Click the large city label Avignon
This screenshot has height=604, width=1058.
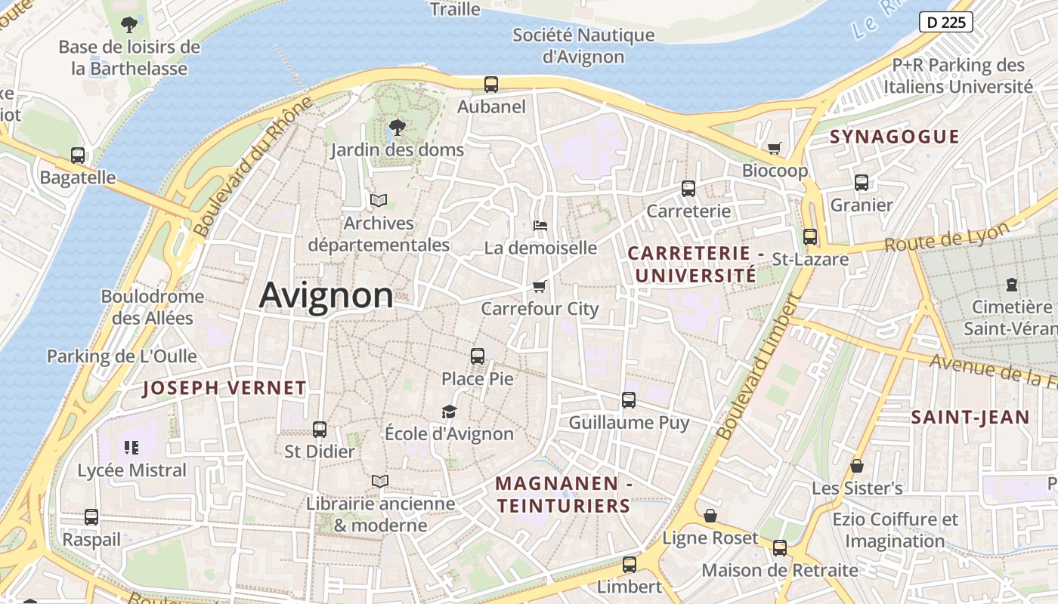pyautogui.click(x=326, y=295)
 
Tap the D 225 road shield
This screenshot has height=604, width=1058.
pyautogui.click(x=945, y=22)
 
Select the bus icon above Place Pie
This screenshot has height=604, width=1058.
pyautogui.click(x=477, y=356)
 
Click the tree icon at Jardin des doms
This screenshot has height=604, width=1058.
pyautogui.click(x=396, y=128)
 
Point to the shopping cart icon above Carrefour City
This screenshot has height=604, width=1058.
pyautogui.click(x=539, y=286)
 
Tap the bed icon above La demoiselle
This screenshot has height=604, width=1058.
pyautogui.click(x=540, y=225)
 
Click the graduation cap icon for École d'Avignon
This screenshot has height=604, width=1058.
pyautogui.click(x=450, y=411)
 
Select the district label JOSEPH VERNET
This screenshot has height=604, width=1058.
pyautogui.click(x=224, y=389)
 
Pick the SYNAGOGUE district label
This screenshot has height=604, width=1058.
pyautogui.click(x=894, y=137)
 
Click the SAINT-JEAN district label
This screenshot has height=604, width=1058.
pyautogui.click(x=970, y=418)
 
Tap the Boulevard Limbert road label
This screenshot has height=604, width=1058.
pyautogui.click(x=757, y=367)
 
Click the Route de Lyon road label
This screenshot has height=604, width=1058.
pyautogui.click(x=946, y=238)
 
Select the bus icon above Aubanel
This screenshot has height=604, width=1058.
pyautogui.click(x=491, y=84)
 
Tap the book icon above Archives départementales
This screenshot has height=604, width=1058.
pyautogui.click(x=378, y=201)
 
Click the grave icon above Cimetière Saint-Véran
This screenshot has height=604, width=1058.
pyautogui.click(x=1011, y=285)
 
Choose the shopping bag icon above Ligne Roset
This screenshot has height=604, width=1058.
pyautogui.click(x=710, y=516)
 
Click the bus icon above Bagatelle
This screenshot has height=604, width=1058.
pyautogui.click(x=78, y=156)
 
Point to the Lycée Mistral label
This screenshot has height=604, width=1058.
pyautogui.click(x=131, y=470)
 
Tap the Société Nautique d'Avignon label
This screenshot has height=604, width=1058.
pyautogui.click(x=583, y=45)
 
